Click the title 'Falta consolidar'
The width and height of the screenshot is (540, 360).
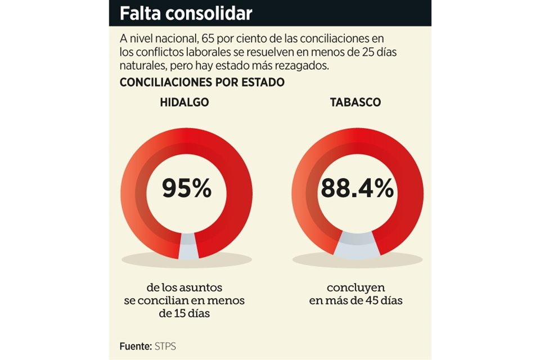(x=186, y=13)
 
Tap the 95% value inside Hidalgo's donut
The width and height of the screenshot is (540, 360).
(x=186, y=188)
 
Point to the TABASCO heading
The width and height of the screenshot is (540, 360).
(x=355, y=102)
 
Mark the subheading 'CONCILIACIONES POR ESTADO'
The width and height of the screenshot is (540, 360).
(x=202, y=82)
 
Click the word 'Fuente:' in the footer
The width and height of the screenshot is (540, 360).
(x=136, y=346)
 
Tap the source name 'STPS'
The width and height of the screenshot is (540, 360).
(x=165, y=346)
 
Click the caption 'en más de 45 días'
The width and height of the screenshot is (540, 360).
(x=355, y=300)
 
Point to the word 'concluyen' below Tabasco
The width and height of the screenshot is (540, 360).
(x=355, y=287)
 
